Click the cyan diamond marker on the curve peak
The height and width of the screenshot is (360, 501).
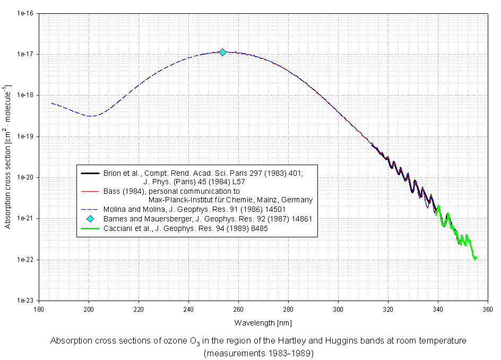click(223, 52)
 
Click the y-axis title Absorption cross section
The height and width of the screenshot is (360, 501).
click(8, 157)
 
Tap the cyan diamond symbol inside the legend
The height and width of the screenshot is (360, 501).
click(90, 219)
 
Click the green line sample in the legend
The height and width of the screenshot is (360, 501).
click(90, 228)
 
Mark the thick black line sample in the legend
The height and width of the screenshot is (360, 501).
click(90, 173)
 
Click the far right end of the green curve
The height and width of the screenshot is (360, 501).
click(476, 258)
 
